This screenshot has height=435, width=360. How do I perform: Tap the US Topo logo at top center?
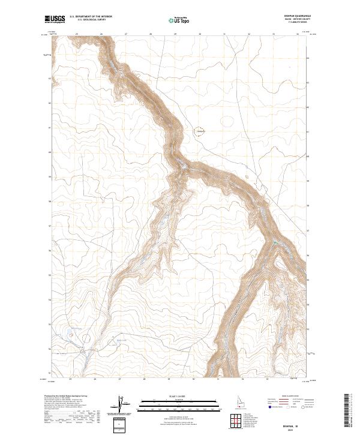point(179,20)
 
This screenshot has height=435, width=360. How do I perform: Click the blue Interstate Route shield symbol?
point(266,406)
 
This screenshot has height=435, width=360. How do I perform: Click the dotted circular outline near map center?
point(200,131)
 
